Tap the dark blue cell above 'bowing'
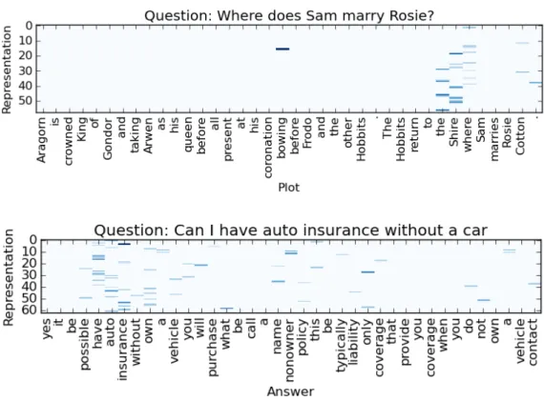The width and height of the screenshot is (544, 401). click(282, 49)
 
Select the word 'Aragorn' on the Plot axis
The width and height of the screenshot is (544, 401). click(41, 140)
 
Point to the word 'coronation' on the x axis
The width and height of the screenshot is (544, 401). click(268, 148)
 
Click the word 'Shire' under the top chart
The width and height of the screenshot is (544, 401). click(454, 132)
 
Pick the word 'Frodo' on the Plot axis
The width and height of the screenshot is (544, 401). click(307, 133)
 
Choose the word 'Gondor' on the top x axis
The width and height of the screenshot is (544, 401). click(108, 139)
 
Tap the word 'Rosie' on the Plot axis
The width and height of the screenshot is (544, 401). click(507, 132)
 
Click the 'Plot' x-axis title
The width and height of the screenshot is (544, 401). click(288, 188)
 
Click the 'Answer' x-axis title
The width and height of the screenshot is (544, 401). click(291, 391)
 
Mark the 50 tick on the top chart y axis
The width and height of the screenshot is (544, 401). click(26, 101)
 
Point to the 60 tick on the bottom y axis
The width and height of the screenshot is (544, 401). click(29, 311)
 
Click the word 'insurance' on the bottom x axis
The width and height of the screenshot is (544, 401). click(123, 350)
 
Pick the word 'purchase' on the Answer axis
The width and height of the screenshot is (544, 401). click(213, 348)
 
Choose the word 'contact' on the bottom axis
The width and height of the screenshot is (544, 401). click(534, 342)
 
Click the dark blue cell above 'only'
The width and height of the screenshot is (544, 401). click(367, 271)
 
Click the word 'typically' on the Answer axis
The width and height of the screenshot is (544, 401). click(342, 346)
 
